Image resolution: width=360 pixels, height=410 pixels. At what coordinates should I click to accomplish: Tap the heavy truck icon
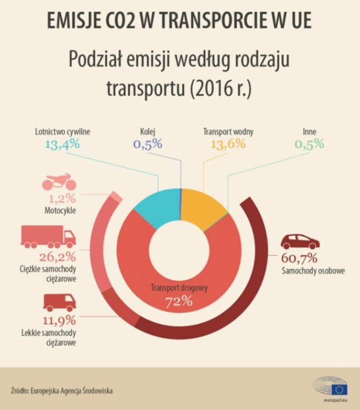coord(48,237)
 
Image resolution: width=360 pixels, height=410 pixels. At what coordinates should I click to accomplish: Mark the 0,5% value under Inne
coord(309,144)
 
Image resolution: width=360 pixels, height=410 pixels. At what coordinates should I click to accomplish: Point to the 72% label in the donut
coord(180,301)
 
